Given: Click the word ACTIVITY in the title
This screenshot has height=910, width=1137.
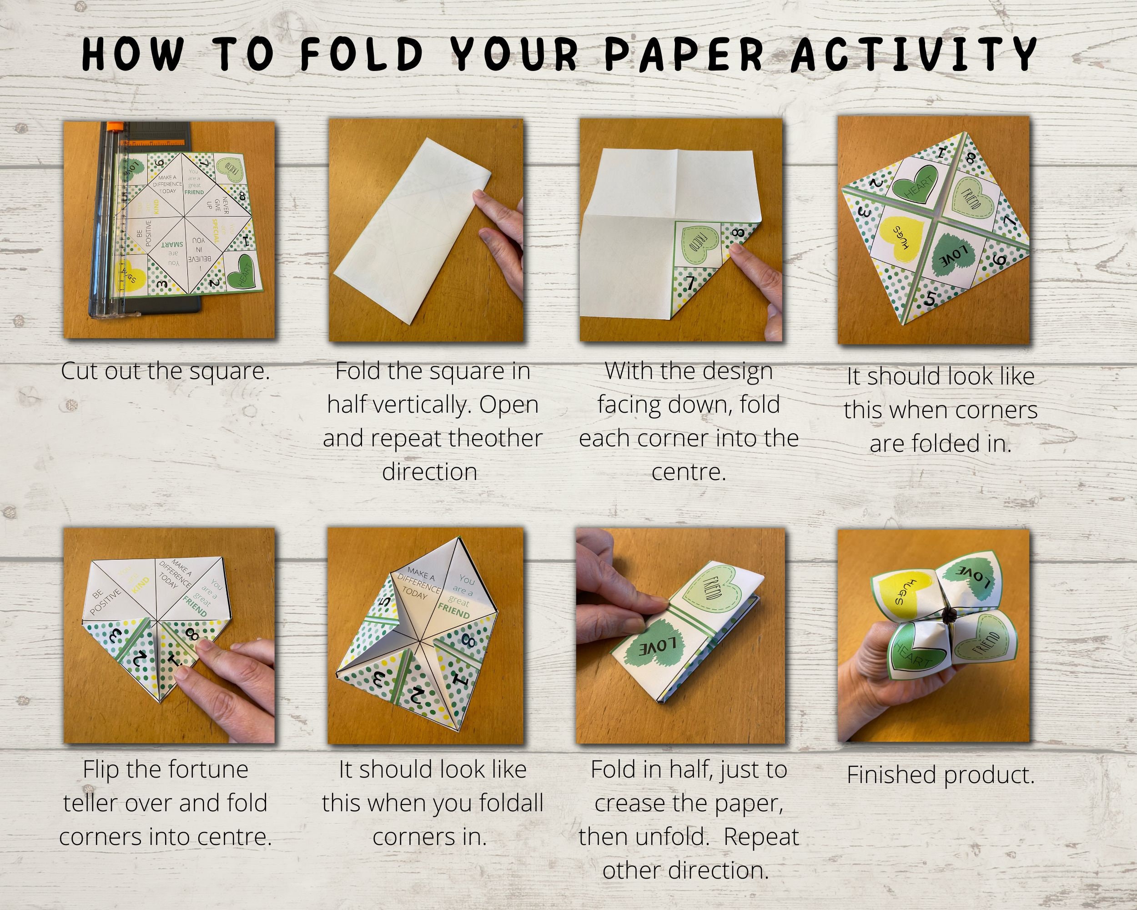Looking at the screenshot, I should (915, 54).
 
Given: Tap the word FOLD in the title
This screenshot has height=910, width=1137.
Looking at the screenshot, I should (363, 54).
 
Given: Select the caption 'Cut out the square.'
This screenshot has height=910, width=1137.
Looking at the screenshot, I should (165, 371).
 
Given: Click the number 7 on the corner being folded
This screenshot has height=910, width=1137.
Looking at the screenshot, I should (691, 283).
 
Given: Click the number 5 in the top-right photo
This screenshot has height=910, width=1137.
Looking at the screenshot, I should (929, 298).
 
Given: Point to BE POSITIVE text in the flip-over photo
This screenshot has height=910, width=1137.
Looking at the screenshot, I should (104, 602).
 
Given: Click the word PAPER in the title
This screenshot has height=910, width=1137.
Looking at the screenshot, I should (684, 54).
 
